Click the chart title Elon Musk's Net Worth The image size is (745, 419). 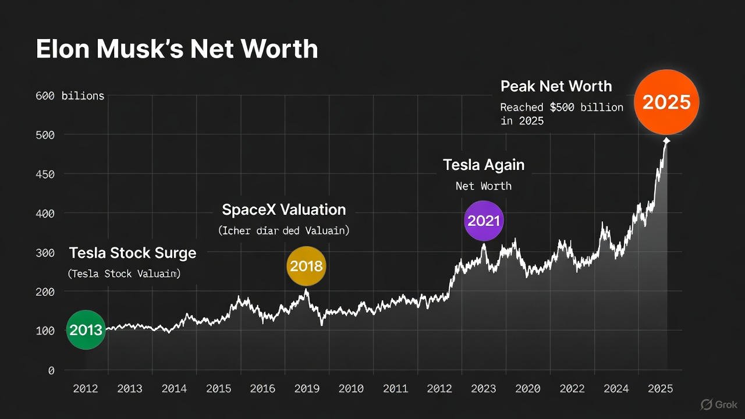[x=177, y=49]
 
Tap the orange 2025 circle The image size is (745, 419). [x=666, y=102]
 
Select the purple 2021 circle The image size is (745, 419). [x=484, y=221]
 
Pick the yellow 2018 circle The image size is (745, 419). [x=306, y=267]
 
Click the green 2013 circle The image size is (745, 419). [x=86, y=330]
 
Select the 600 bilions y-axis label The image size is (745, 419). [x=69, y=96]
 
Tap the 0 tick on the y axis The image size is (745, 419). [x=51, y=370]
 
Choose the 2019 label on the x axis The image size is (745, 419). [x=307, y=389]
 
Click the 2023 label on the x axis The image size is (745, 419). [x=484, y=389]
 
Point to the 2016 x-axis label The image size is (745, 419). [x=262, y=389]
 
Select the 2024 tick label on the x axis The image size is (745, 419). [x=617, y=389]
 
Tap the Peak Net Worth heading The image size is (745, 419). [x=556, y=87]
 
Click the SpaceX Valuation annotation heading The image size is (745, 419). [x=283, y=210]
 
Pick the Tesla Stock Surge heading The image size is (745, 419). [x=133, y=254]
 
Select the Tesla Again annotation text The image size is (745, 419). [x=484, y=165]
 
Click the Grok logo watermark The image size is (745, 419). [x=719, y=404]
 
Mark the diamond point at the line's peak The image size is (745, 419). [x=666, y=141]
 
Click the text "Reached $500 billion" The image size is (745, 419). [x=562, y=108]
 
